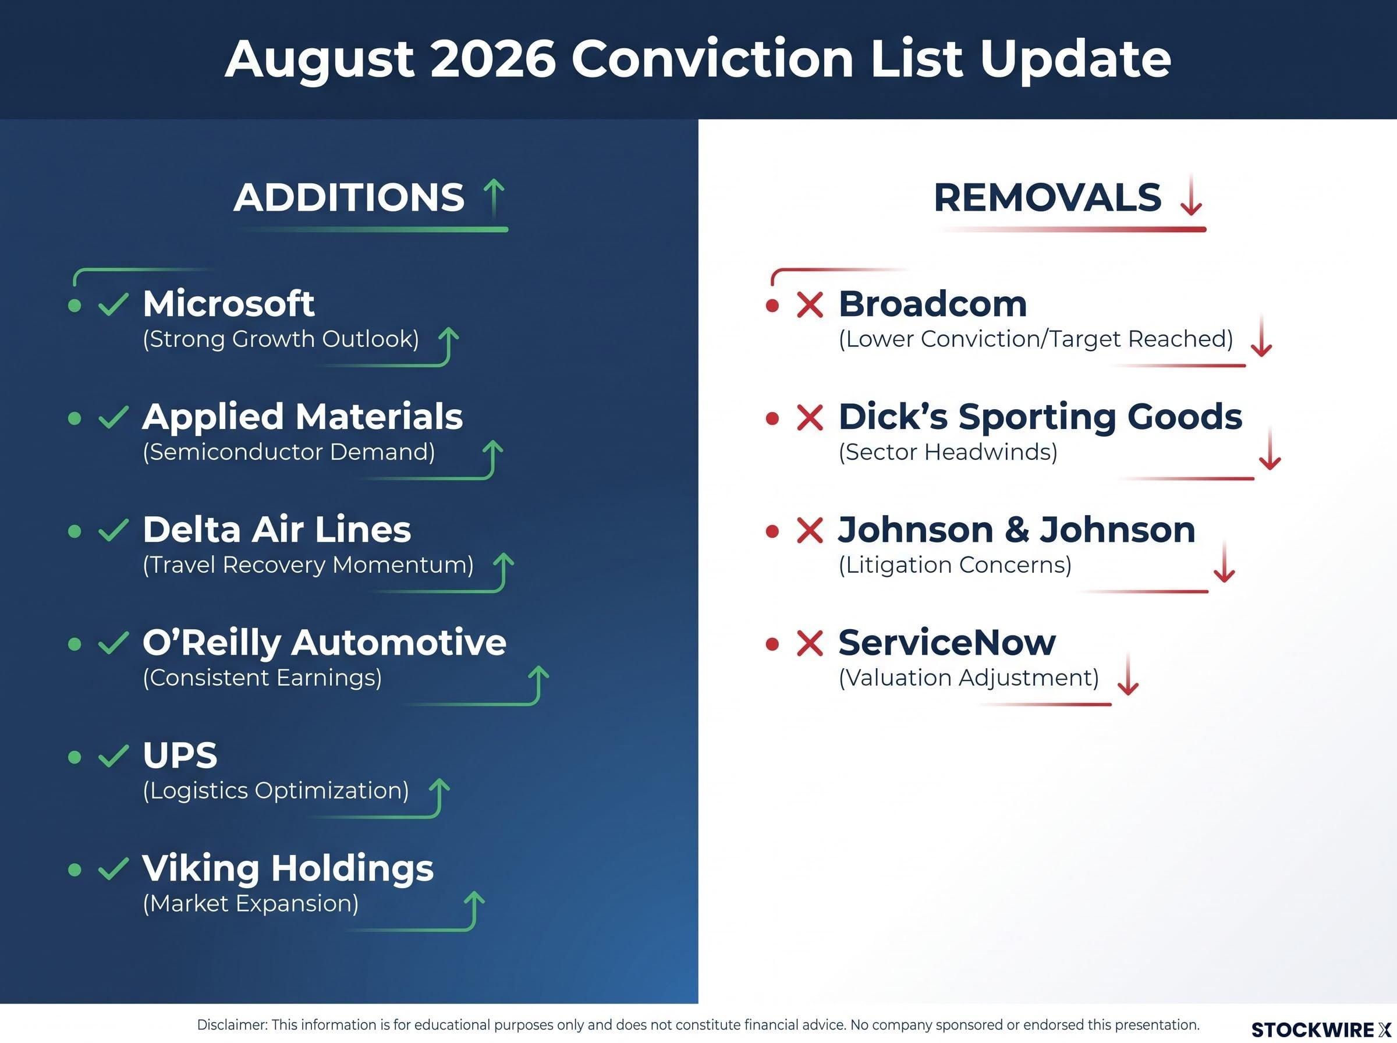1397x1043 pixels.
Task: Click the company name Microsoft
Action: point(229,304)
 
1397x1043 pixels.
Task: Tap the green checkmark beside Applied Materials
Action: point(114,417)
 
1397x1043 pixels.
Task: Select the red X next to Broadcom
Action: point(810,305)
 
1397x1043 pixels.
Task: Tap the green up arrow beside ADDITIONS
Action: point(494,196)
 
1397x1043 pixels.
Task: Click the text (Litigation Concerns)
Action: point(955,565)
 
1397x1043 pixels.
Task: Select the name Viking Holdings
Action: point(288,868)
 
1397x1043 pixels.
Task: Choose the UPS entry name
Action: point(180,755)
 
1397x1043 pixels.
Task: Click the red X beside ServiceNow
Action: point(810,643)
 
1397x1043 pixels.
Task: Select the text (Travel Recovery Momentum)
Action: point(308,565)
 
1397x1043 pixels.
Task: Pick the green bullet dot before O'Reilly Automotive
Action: point(75,644)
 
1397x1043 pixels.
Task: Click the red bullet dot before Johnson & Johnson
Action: point(771,531)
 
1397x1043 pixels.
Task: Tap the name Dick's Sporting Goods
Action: point(1040,417)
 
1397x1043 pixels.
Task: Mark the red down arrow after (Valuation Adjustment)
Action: point(1127,675)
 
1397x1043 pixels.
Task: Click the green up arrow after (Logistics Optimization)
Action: point(439,797)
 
